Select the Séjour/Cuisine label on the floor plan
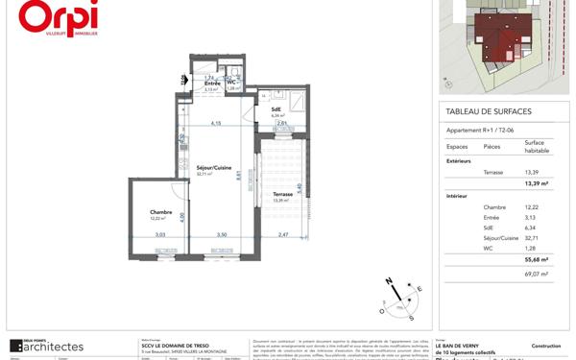213,168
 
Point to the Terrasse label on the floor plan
281,194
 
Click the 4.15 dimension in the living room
217,124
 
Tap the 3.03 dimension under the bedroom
160,235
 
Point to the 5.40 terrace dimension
300,189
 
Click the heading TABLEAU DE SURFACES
489,111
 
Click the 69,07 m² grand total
536,274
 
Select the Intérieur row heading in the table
458,195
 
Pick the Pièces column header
492,147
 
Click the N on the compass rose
390,281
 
